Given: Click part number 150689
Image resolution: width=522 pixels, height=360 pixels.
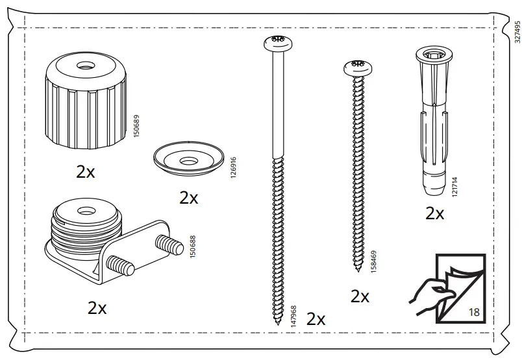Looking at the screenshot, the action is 136,126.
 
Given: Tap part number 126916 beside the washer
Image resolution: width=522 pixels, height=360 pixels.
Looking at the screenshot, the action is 233,167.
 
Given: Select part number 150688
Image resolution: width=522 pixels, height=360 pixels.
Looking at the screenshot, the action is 192,246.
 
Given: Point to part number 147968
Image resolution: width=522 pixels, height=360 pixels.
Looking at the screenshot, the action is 293,317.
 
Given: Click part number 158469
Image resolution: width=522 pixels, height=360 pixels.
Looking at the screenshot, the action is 373,262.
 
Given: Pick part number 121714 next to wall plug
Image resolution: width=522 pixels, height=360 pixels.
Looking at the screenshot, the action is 454,187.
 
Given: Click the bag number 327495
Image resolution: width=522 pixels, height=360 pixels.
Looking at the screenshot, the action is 517,32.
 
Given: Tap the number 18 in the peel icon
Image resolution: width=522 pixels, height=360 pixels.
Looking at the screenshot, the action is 474,312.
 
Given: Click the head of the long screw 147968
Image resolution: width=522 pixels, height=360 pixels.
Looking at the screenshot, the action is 279,43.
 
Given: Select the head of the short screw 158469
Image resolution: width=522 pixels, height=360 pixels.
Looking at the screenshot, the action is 358,67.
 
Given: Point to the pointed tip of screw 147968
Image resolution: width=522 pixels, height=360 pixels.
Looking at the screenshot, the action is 278,324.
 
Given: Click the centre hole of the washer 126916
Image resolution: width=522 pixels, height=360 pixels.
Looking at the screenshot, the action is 188,162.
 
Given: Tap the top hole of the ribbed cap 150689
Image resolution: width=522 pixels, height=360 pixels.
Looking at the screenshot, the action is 86,66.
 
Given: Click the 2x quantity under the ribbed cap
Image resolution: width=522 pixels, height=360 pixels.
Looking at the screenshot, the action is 86,172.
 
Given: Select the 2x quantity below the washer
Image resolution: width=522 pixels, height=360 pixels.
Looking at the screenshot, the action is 189,198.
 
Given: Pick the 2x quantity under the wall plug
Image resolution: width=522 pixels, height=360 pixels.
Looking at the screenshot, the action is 435,213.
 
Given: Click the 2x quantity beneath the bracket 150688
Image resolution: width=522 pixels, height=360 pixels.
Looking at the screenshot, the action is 97,307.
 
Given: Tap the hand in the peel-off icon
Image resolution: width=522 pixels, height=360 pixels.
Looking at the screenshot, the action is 429,296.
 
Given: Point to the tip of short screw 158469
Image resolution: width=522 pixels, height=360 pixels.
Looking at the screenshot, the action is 358,270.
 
